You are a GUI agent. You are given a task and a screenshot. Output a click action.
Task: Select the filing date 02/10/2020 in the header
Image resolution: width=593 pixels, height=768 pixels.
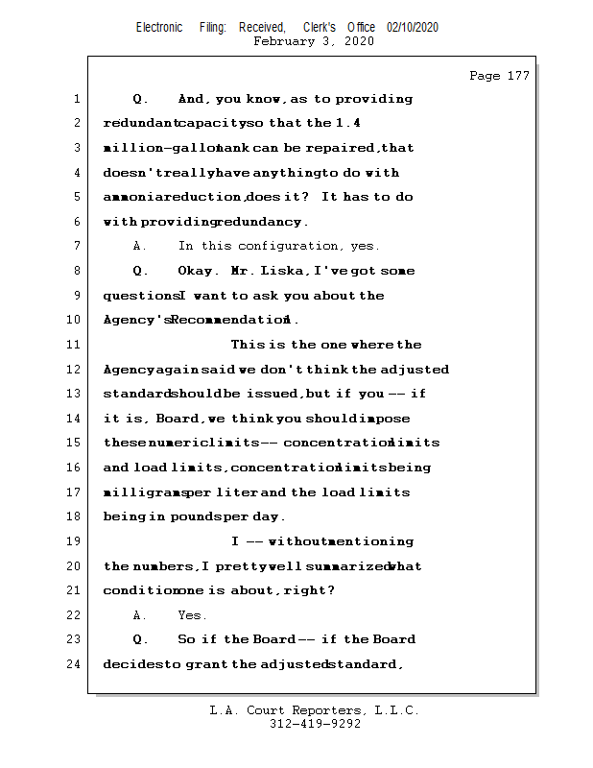[x=413, y=28]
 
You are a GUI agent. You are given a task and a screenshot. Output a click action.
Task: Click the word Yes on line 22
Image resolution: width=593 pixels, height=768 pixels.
[x=192, y=615]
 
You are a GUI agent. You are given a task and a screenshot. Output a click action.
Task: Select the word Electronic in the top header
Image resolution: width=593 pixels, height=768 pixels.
[x=159, y=28]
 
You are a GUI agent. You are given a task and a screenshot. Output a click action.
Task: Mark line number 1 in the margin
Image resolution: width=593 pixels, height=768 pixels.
[x=77, y=99]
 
